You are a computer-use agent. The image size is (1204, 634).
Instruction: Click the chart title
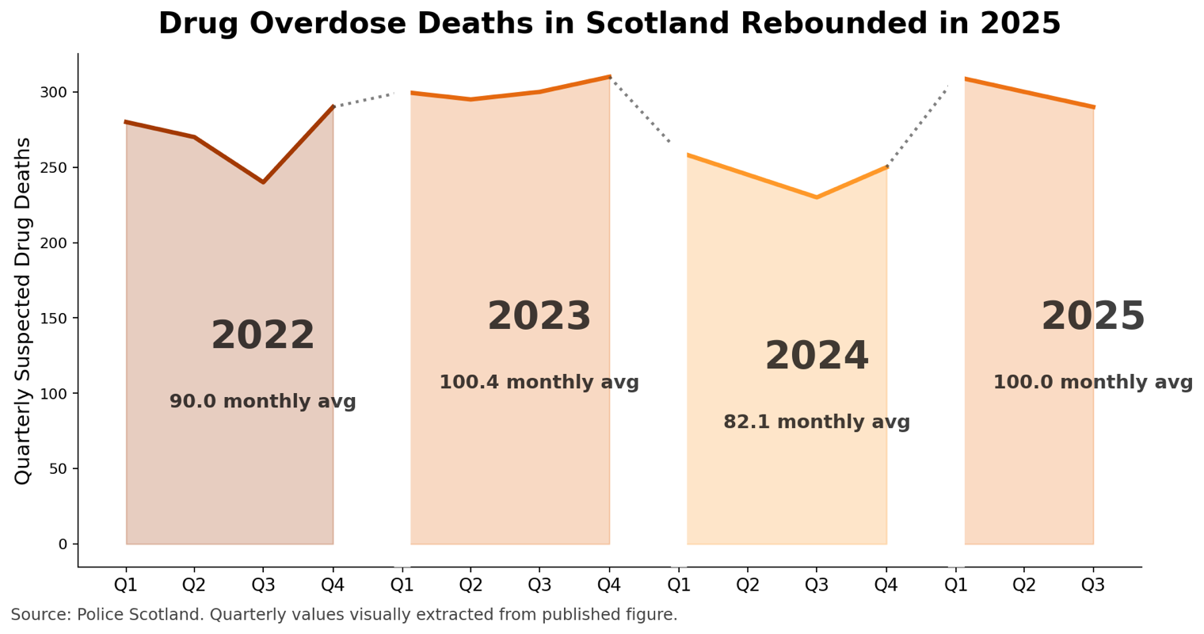click(x=609, y=24)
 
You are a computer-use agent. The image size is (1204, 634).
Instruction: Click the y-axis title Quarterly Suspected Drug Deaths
click(x=23, y=311)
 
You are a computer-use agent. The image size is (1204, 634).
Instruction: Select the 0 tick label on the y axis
click(x=63, y=544)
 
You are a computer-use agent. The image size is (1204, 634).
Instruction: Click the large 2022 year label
click(x=263, y=336)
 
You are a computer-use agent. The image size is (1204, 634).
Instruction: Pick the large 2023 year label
click(x=539, y=317)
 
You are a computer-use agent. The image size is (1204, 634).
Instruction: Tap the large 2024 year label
click(x=817, y=357)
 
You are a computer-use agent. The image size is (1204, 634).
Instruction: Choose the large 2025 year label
click(x=1092, y=317)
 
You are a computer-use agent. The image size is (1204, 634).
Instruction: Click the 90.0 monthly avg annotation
click(x=263, y=402)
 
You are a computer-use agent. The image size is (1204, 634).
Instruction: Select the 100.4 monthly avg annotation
click(x=539, y=383)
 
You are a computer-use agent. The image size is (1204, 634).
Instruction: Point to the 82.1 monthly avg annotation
click(x=817, y=422)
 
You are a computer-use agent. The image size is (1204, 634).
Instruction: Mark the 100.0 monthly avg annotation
click(x=1092, y=383)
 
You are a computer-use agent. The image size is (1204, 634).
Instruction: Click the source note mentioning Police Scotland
click(x=344, y=615)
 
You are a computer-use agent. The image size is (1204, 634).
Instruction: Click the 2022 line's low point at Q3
click(x=263, y=182)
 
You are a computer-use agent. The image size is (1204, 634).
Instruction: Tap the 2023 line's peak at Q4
click(x=609, y=77)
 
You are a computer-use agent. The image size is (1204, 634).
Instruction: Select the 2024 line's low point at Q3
click(x=817, y=197)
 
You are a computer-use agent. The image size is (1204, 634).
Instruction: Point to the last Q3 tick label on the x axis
click(x=1093, y=586)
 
